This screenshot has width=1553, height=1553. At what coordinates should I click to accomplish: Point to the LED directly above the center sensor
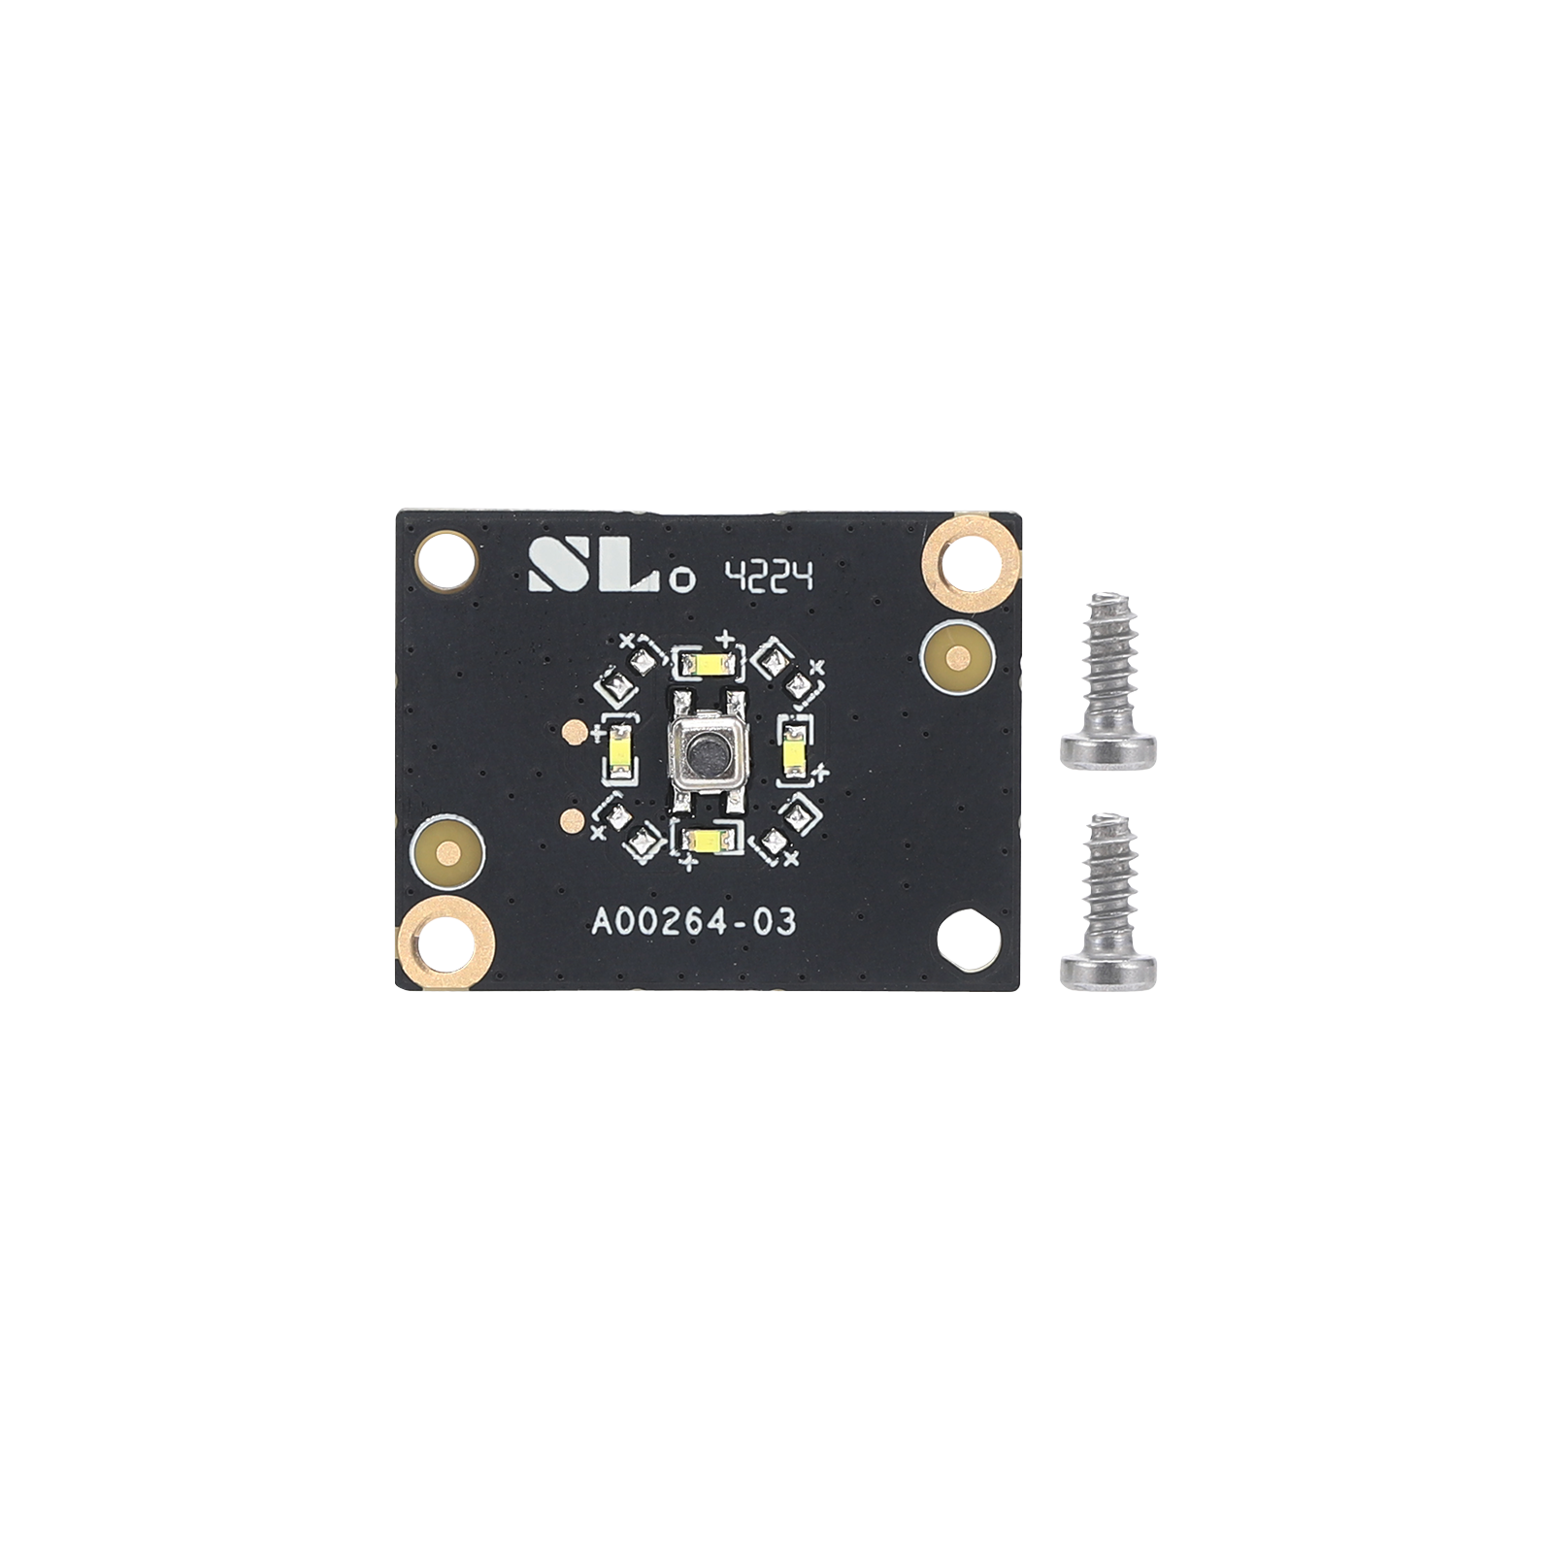709,665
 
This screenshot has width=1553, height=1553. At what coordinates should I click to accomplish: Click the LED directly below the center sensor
709,840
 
